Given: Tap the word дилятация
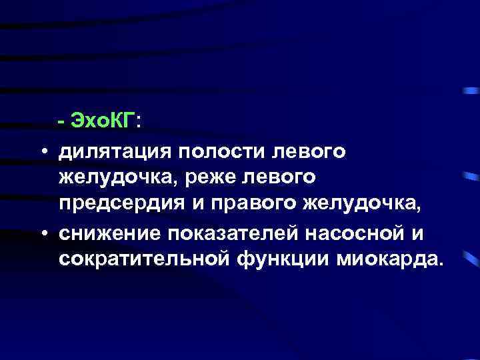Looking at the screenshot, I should pos(113,153).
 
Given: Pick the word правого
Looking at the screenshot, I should pos(251,205).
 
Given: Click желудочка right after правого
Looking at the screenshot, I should pos(363,205).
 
